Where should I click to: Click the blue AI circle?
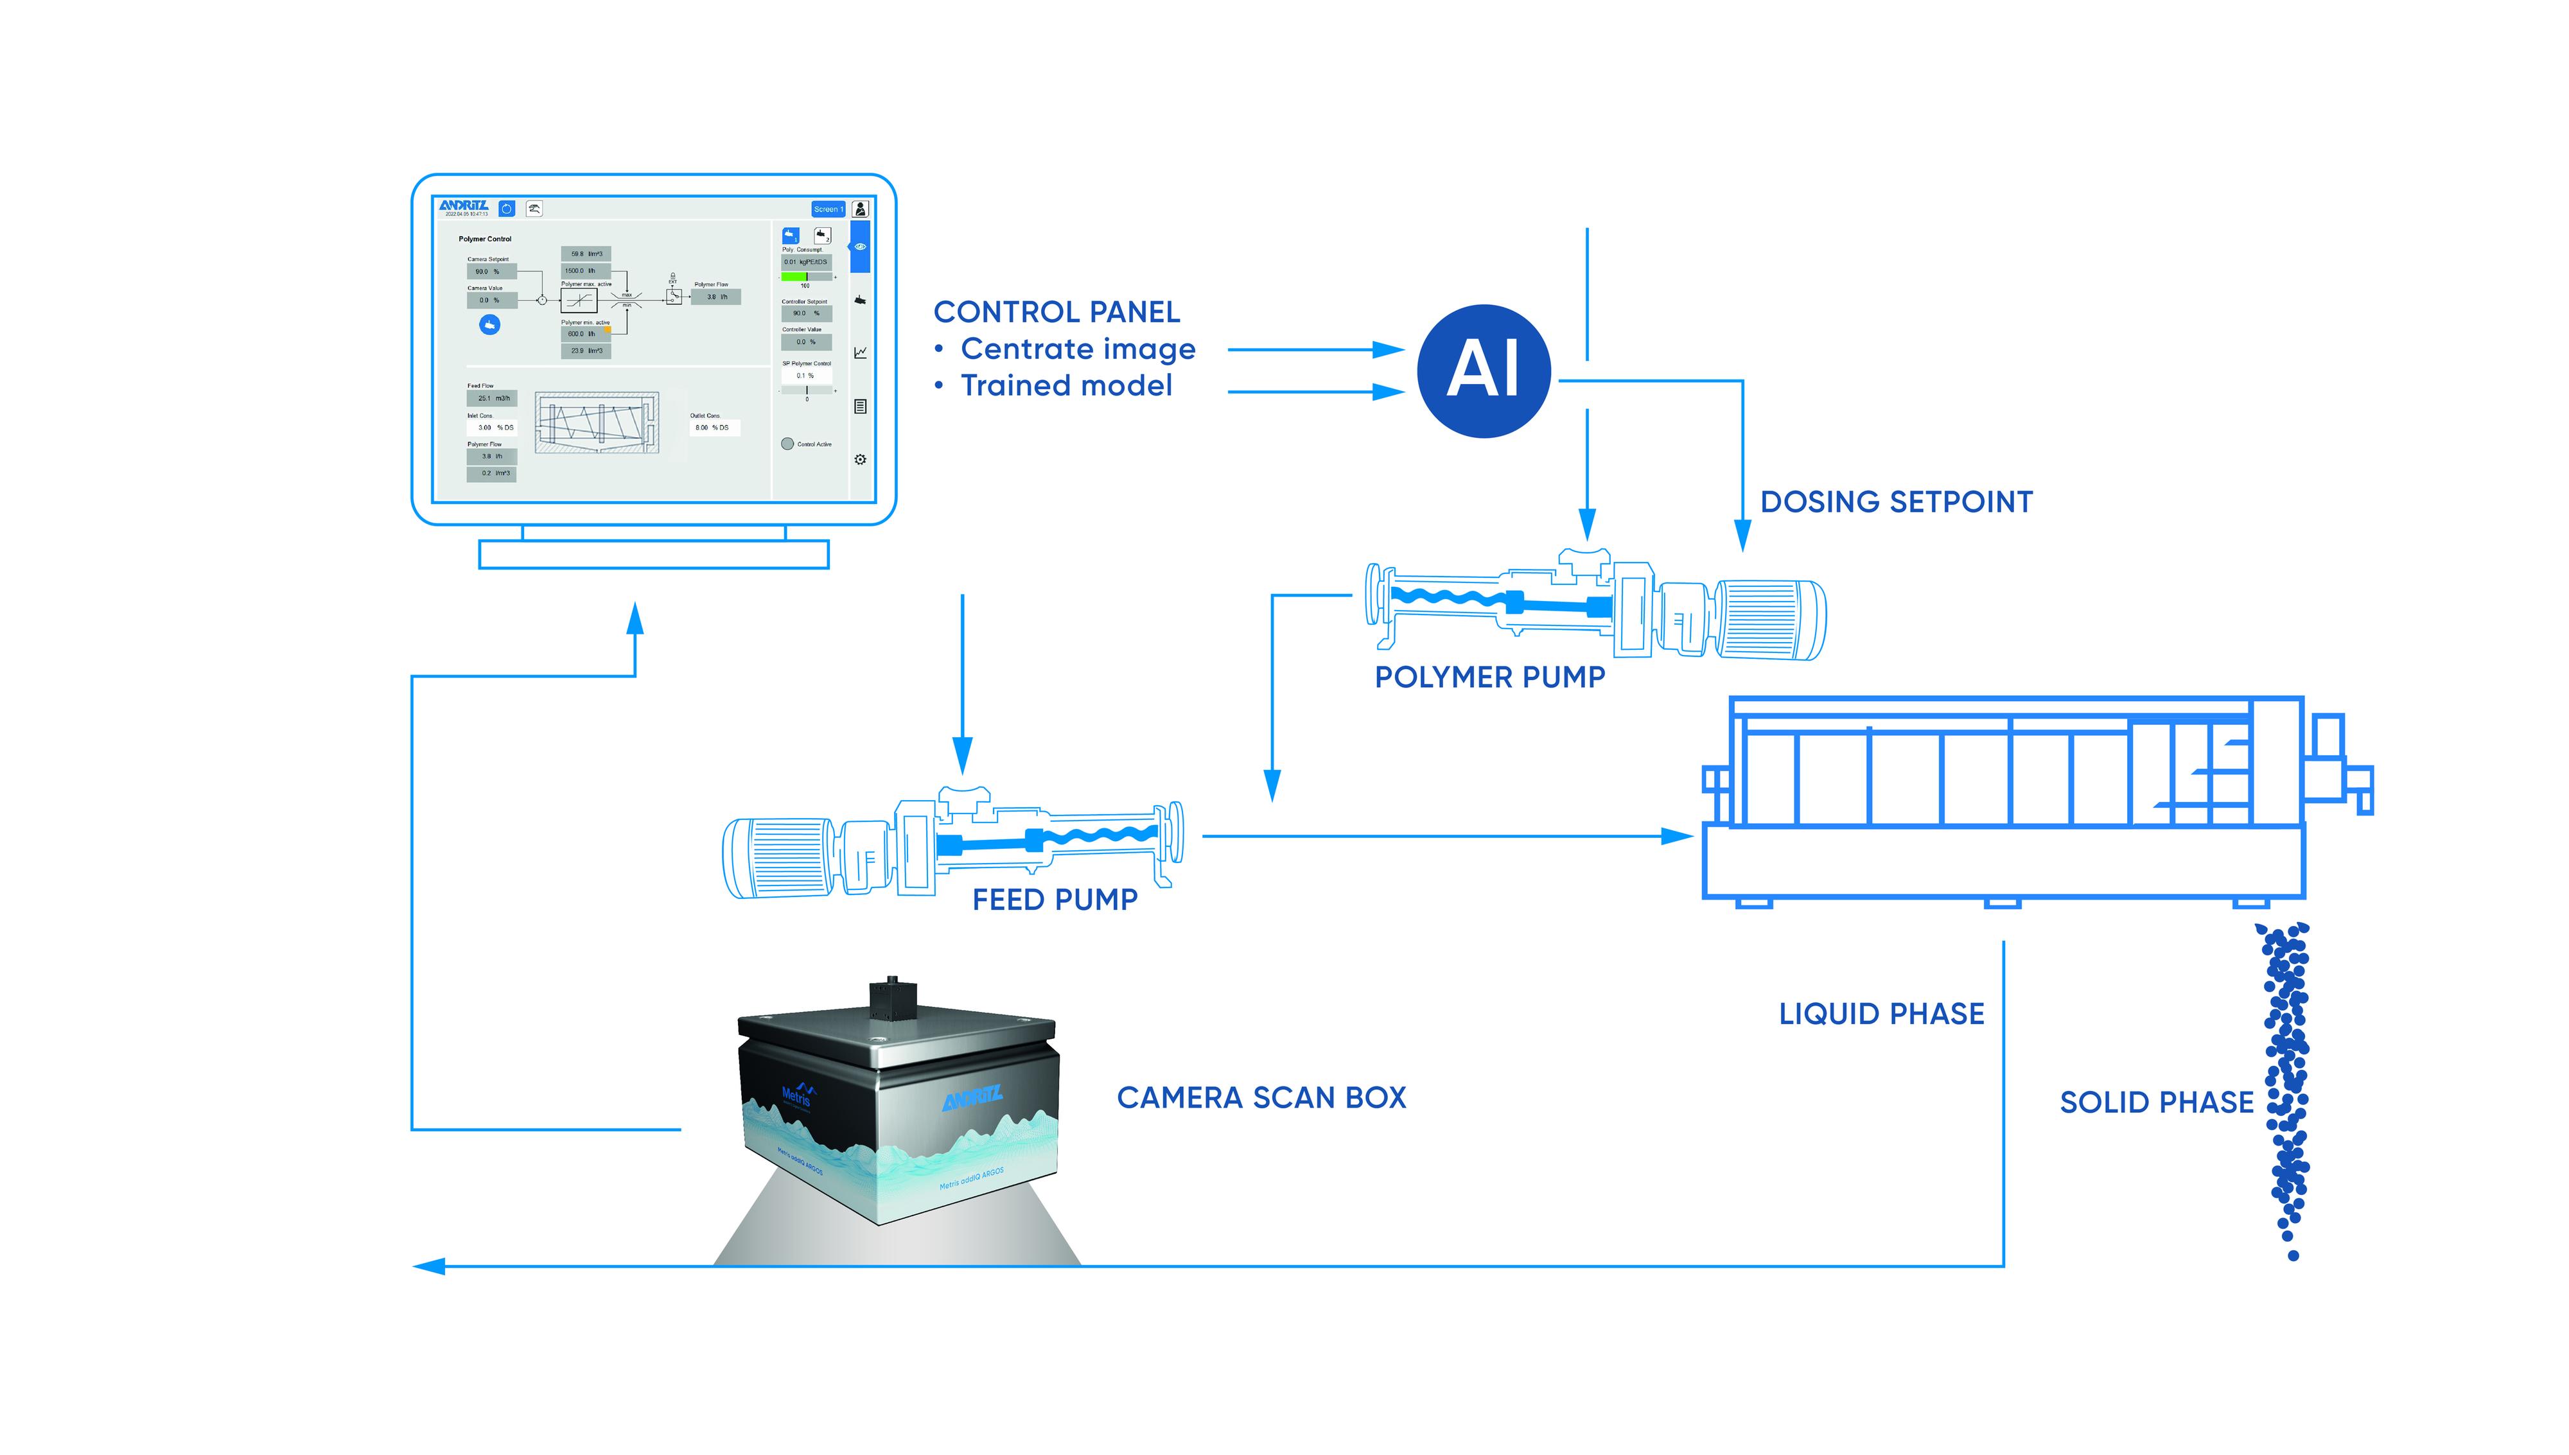(1483, 370)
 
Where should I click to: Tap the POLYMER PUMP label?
(1489, 677)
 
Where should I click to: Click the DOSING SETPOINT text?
(1895, 501)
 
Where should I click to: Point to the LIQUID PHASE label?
(1881, 1015)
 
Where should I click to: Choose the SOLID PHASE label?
(2156, 1103)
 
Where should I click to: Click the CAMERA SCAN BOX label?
(1261, 1098)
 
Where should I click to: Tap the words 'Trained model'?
(1066, 386)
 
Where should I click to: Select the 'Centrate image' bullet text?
(1077, 349)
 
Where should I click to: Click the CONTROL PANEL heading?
(1056, 312)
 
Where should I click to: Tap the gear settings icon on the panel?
(861, 460)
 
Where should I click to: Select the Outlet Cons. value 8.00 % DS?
(714, 427)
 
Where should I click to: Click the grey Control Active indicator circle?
(787, 444)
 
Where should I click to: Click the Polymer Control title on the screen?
(485, 239)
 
